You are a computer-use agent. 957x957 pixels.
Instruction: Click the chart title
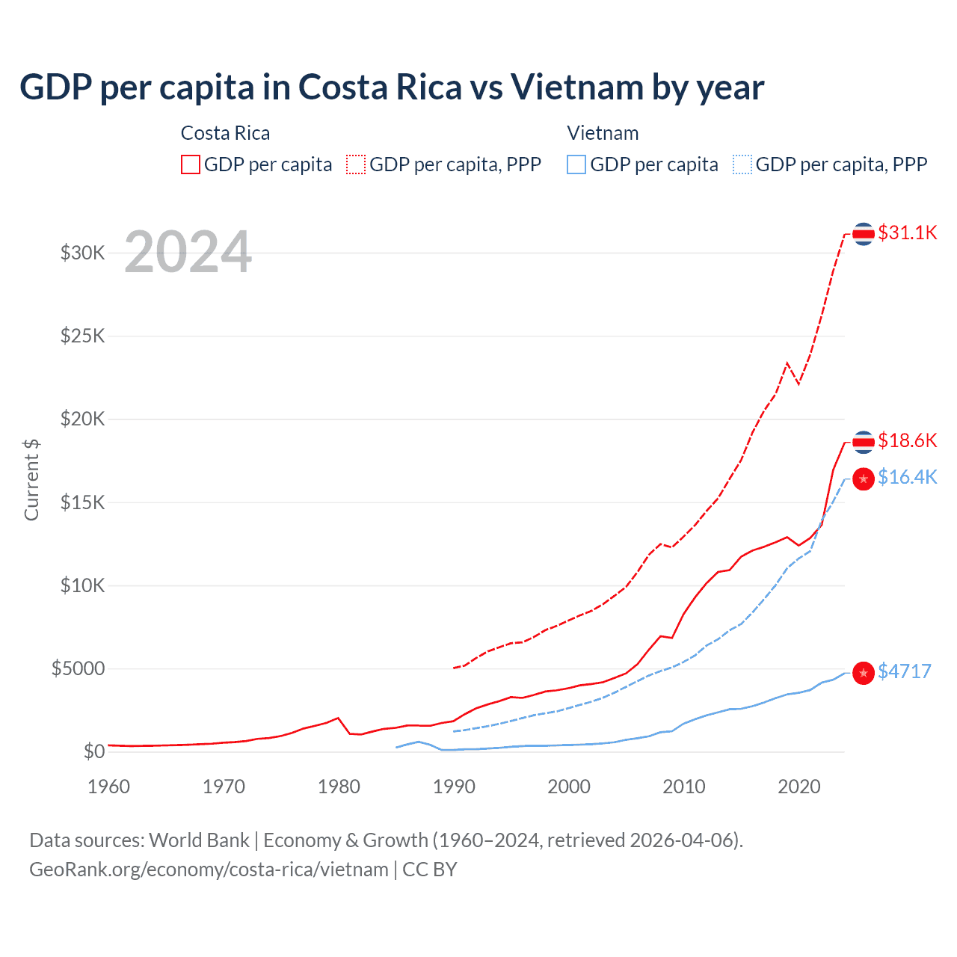coord(392,87)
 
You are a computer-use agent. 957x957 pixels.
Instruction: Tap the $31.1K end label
coord(907,233)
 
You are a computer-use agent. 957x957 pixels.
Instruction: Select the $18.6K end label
coord(907,440)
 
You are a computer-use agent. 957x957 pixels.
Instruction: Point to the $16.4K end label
coord(907,477)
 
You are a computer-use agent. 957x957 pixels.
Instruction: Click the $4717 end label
coord(904,671)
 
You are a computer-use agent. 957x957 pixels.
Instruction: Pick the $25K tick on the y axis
coord(82,336)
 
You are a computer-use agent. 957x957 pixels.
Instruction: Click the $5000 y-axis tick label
coord(78,668)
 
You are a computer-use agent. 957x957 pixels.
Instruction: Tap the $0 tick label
coord(93,751)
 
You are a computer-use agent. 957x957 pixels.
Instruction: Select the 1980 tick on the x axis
coord(339,787)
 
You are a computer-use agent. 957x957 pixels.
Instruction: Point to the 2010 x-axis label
coord(684,787)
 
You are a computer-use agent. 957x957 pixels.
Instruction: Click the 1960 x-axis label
coord(109,787)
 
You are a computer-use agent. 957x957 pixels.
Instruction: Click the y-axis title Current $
coord(31,480)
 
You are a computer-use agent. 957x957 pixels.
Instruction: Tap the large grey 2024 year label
coord(188,253)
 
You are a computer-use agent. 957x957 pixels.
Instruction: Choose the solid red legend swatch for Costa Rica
coord(191,164)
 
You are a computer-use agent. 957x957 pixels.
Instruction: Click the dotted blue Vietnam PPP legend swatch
coord(742,164)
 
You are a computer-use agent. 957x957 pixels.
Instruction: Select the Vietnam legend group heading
coord(603,133)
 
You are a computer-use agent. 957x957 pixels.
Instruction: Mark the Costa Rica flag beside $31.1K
coord(864,234)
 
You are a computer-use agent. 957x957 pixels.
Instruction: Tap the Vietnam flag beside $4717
coord(864,673)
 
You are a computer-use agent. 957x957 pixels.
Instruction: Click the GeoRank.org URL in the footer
coord(209,870)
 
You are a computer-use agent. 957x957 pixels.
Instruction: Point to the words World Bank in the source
coord(199,840)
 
